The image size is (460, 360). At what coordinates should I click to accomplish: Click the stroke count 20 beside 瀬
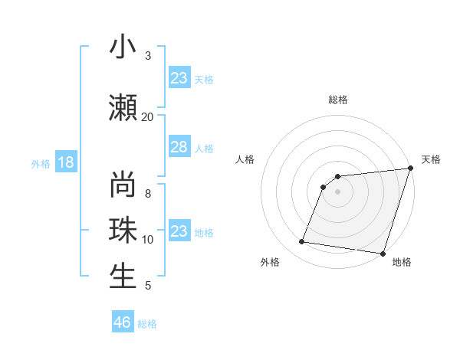(147, 116)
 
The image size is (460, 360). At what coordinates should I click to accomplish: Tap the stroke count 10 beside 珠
(148, 240)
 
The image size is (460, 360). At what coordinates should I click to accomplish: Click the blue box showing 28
(179, 147)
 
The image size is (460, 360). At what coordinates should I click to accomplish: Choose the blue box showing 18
(65, 162)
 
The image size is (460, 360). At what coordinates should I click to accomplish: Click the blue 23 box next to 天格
(179, 78)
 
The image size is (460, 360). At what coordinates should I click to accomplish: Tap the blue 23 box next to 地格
(179, 231)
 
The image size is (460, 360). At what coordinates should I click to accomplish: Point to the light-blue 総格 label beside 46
(147, 324)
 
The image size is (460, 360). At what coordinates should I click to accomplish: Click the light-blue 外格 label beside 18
(41, 163)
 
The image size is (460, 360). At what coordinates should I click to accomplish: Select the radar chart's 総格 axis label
(337, 100)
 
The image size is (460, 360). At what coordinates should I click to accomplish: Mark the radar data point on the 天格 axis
(410, 169)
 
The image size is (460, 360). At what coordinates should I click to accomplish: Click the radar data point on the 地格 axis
(383, 254)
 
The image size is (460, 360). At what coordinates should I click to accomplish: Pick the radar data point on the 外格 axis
(302, 242)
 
